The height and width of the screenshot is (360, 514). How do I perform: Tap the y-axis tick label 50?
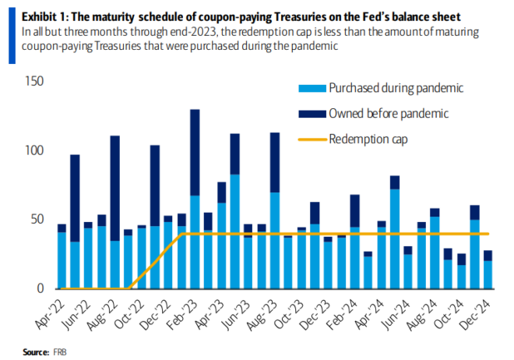coord(37,219)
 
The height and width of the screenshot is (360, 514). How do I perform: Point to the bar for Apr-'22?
coord(62,256)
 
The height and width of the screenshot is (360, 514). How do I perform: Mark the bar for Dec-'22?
coord(168,252)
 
